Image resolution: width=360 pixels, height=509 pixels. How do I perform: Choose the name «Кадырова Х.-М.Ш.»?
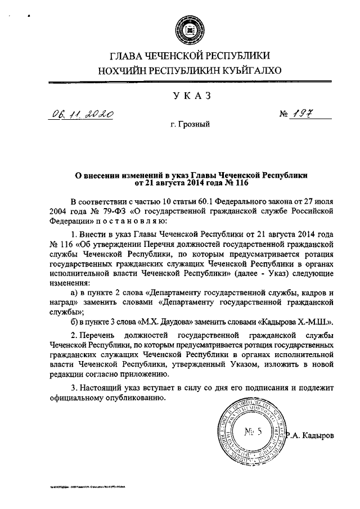[x=294, y=322]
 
